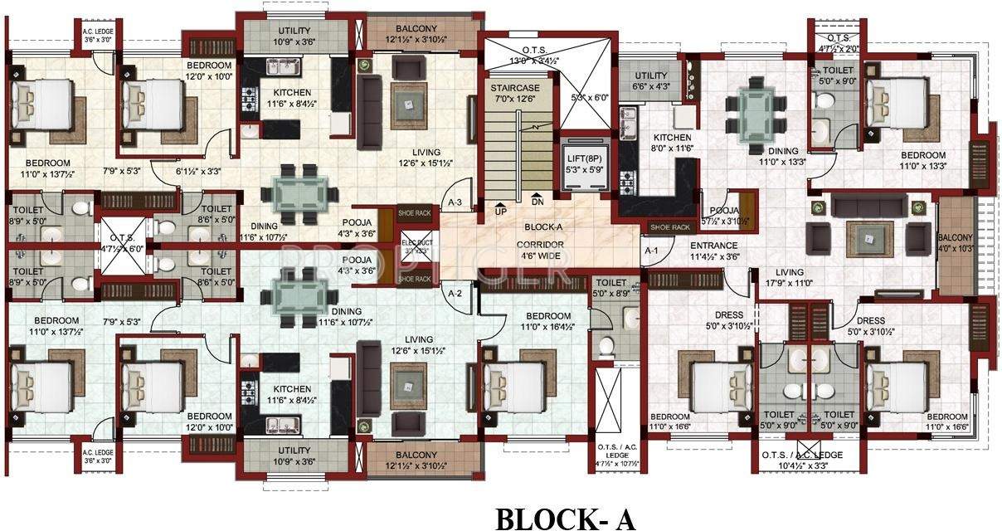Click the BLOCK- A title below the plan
(565, 519)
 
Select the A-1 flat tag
(651, 250)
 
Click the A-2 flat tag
(455, 293)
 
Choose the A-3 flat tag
(455, 202)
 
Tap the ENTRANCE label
(713, 246)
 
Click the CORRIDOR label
(540, 245)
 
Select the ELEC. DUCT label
(412, 246)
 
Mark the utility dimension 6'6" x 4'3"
(651, 86)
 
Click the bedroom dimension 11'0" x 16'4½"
(547, 327)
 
